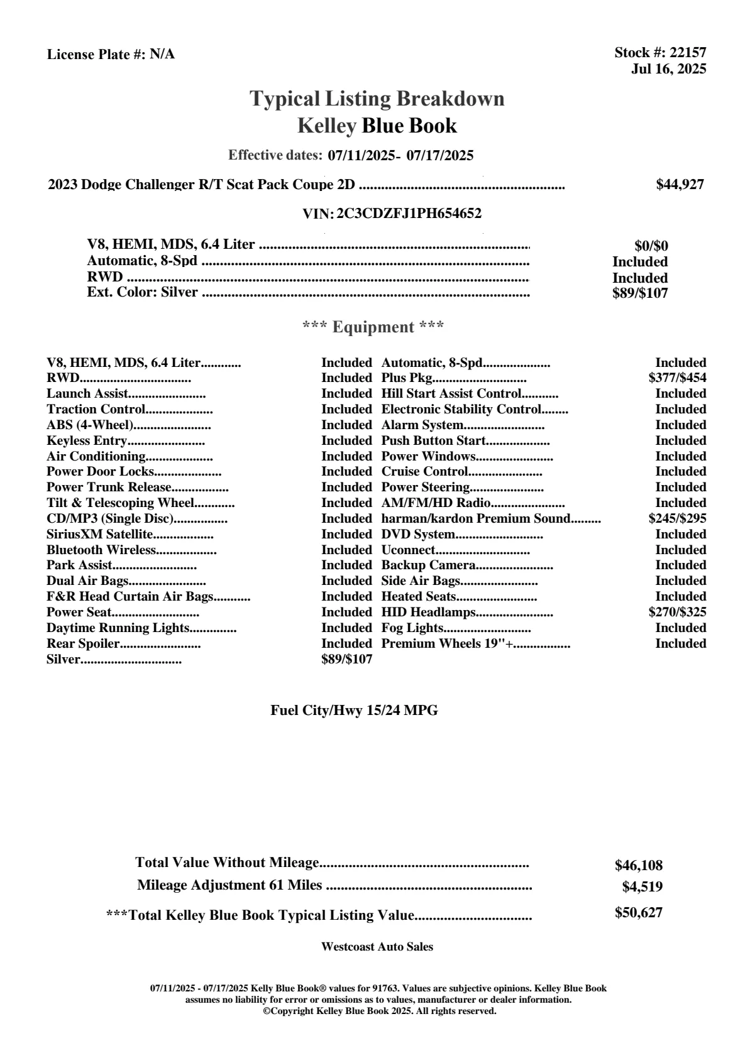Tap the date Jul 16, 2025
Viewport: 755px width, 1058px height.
tap(668, 68)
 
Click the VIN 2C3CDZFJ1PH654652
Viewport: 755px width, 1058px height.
tap(409, 214)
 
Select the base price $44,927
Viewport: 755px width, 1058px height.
tap(680, 184)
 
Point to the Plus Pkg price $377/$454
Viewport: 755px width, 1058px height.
tap(677, 378)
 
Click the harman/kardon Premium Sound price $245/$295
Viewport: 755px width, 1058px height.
tap(677, 518)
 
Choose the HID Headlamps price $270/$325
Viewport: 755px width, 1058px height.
tap(677, 612)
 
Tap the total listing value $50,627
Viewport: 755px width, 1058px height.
tap(638, 912)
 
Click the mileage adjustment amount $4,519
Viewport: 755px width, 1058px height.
tap(642, 886)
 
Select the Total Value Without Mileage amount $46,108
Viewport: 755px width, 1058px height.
tap(638, 865)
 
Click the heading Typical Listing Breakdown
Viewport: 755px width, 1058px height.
tap(377, 99)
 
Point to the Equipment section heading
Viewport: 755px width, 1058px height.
tap(373, 327)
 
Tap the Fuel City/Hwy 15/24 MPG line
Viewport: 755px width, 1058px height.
tap(354, 711)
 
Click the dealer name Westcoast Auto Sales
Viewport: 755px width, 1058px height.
tap(377, 946)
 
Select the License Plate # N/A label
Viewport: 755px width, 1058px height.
tap(111, 55)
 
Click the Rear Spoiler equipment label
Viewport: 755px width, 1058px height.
tap(83, 643)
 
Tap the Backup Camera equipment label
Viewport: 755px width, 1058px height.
tap(428, 565)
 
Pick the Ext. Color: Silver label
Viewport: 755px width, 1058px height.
tap(142, 292)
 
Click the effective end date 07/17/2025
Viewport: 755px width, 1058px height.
tap(439, 155)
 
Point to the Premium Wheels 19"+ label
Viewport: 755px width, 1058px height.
tap(448, 643)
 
